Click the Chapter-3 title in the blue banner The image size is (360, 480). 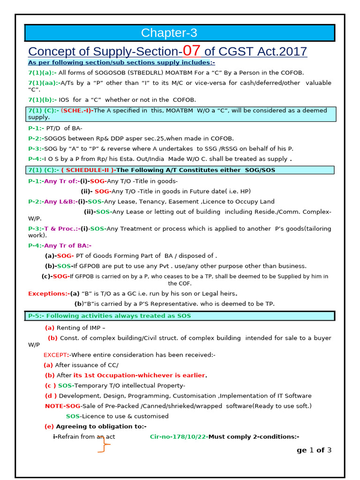pyautogui.click(x=169, y=33)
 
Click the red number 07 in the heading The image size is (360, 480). pyautogui.click(x=193, y=50)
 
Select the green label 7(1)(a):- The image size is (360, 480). pyautogui.click(x=42, y=73)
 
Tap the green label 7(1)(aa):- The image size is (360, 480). pyautogui.click(x=44, y=83)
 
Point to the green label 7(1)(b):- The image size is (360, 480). pyautogui.click(x=42, y=100)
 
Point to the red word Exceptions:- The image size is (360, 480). pyautogui.click(x=48, y=293)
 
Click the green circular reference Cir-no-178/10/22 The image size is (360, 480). pyautogui.click(x=178, y=436)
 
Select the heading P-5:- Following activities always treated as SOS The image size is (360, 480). pyautogui.click(x=109, y=316)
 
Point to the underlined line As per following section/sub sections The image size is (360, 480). pyautogui.click(x=121, y=62)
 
